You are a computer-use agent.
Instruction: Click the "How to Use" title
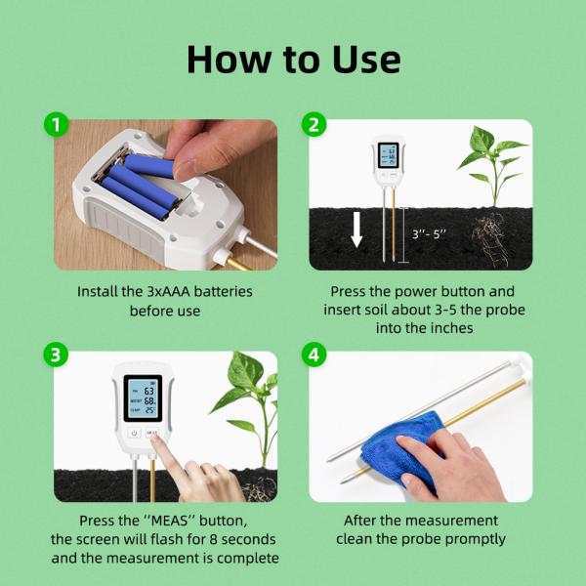click(293, 60)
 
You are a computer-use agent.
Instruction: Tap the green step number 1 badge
click(57, 125)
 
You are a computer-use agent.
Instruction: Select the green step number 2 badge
click(314, 125)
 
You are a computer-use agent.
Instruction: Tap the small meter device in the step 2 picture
click(387, 161)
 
